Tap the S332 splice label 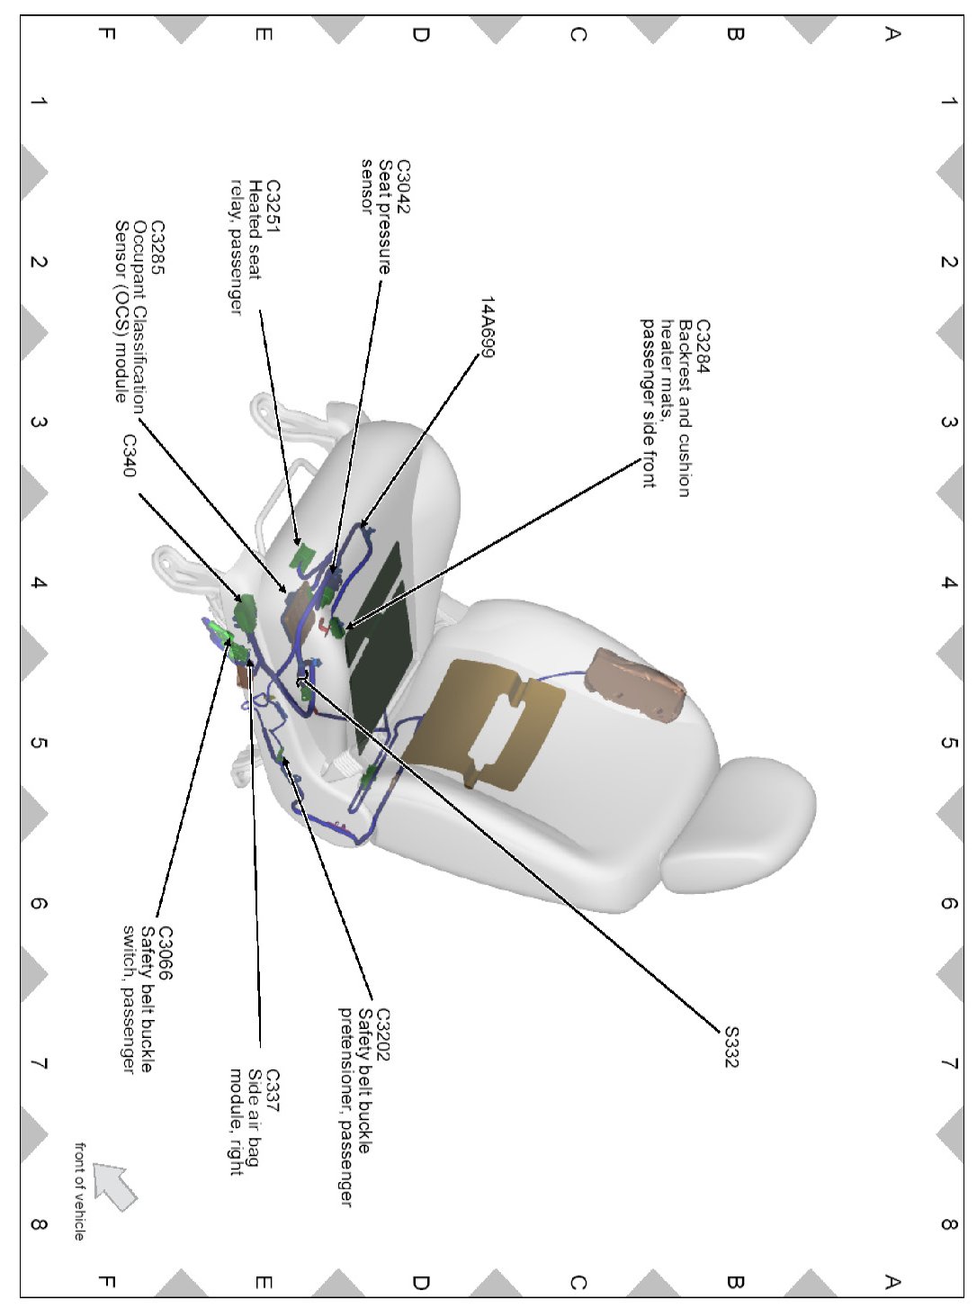731,1046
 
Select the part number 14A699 487,327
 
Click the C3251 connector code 273,206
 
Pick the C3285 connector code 157,248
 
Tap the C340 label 130,456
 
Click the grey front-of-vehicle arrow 115,1184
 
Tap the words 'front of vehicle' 80,1191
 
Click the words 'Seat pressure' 385,216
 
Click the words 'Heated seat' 255,230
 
